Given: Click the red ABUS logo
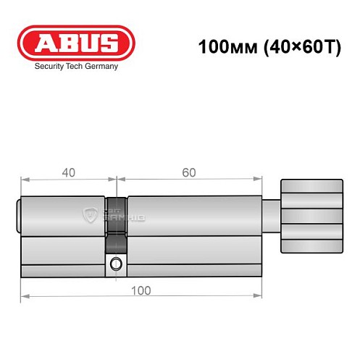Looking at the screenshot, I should (x=77, y=43).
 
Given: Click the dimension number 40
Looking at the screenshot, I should (x=68, y=172).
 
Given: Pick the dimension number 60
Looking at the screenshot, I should (x=189, y=172).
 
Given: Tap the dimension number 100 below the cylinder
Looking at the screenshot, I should (x=142, y=290).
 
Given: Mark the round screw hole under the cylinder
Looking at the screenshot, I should (x=115, y=266).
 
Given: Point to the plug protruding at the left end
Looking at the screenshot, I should (x=18, y=215).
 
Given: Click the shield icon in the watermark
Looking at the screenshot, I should (x=92, y=214).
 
